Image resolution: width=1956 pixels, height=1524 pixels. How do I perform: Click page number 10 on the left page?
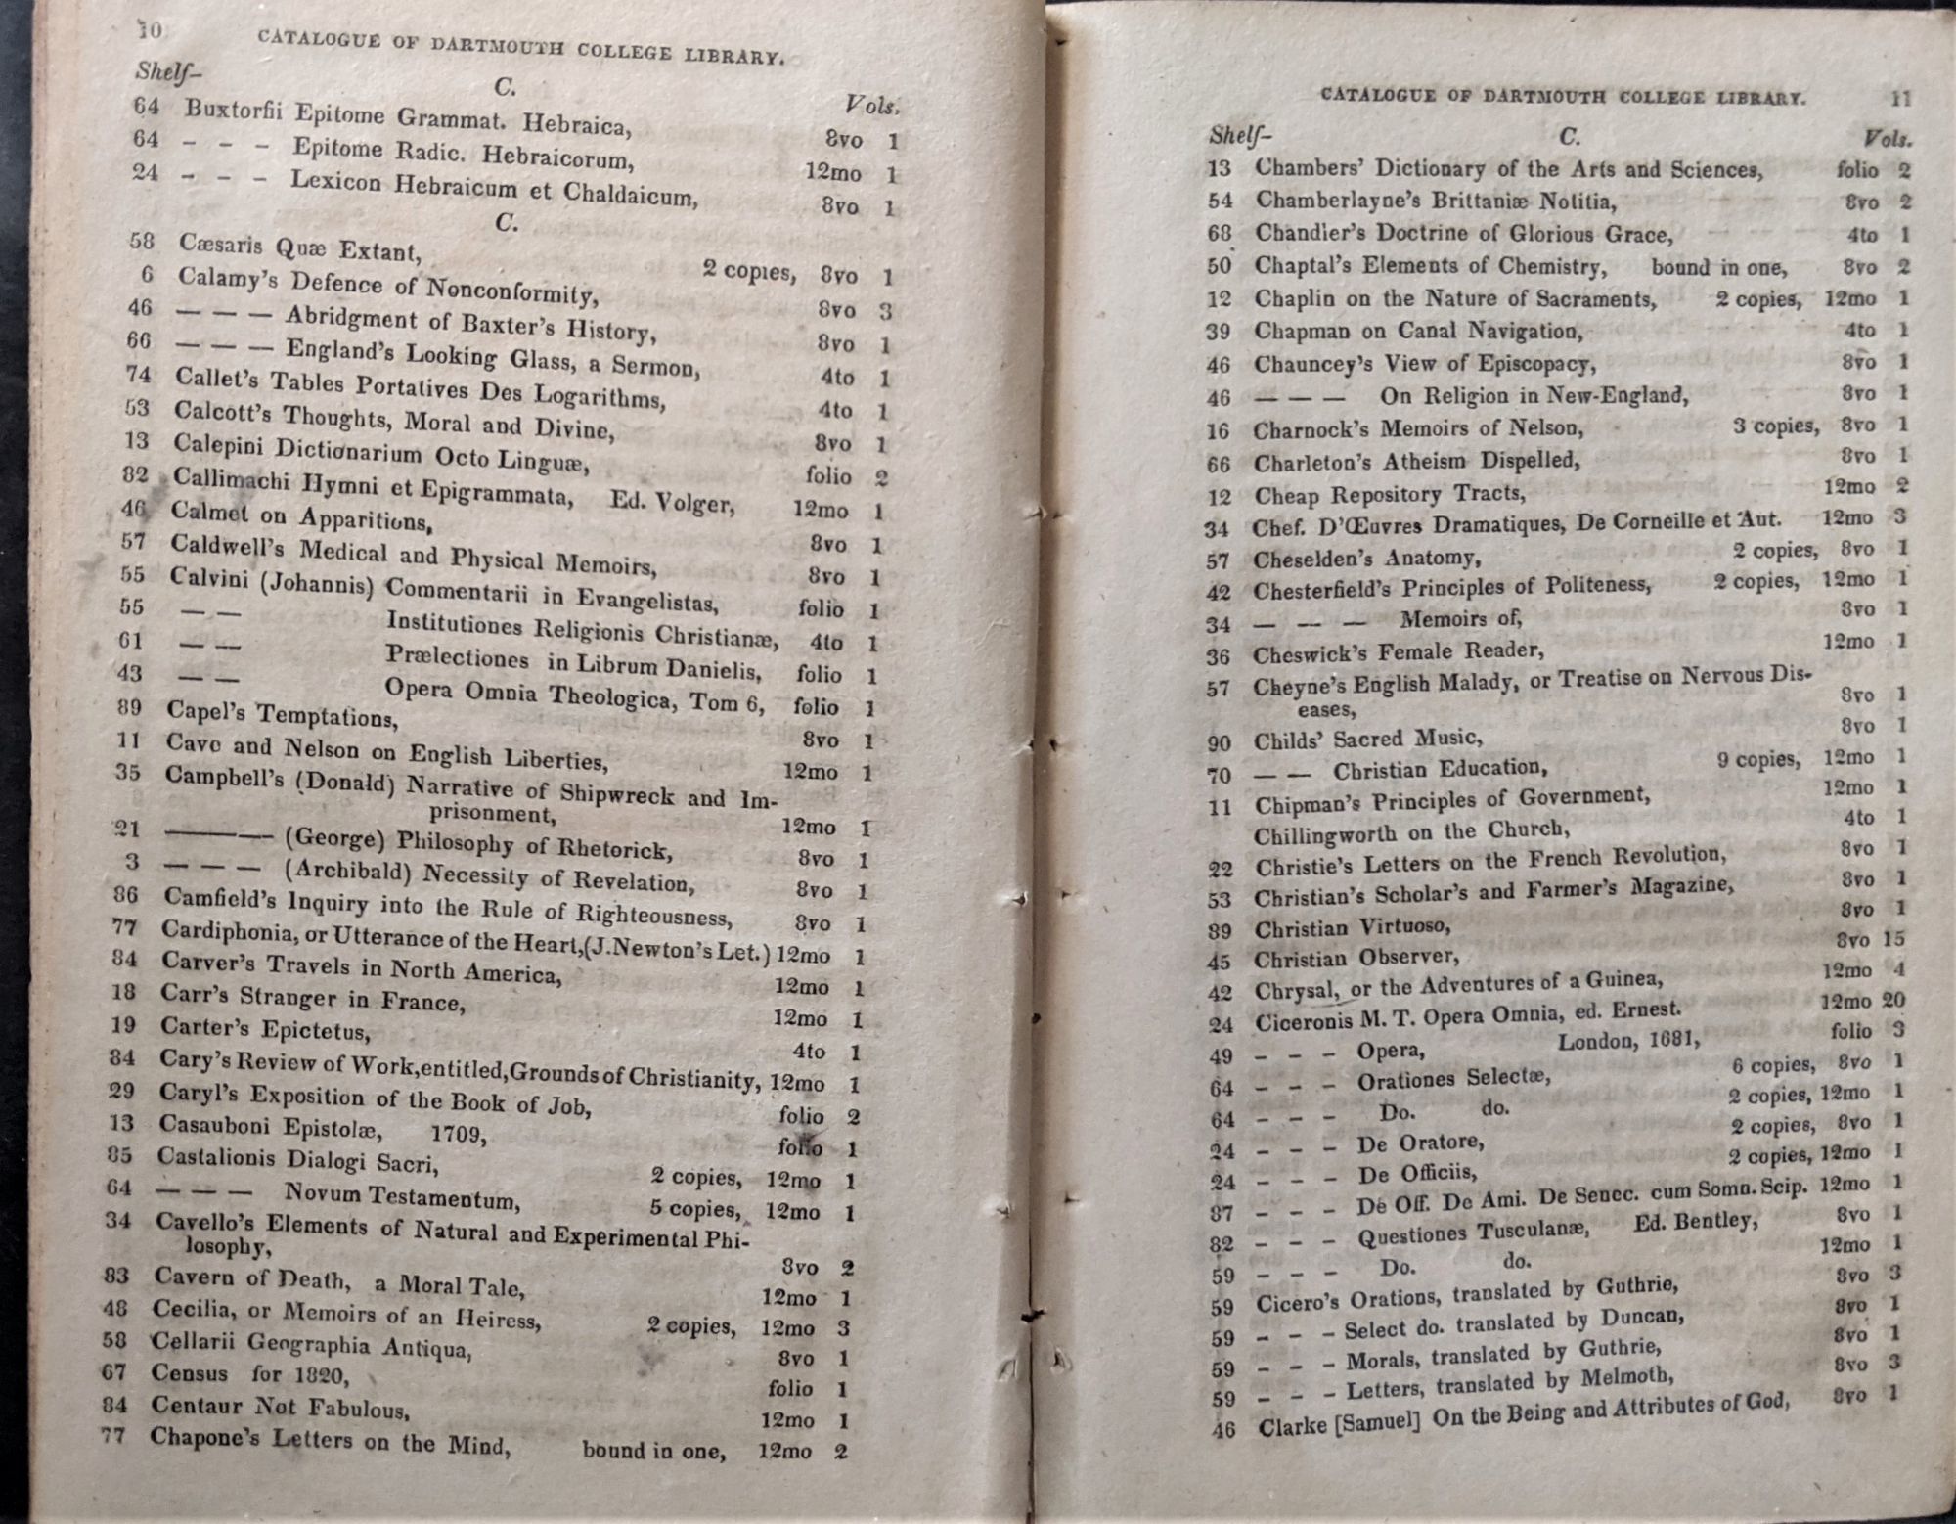149,30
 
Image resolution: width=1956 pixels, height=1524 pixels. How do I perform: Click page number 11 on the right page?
1900,98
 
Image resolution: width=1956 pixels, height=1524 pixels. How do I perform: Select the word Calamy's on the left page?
228,279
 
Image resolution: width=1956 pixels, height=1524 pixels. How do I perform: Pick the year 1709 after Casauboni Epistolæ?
457,1133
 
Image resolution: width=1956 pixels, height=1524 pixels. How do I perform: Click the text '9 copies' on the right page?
1757,759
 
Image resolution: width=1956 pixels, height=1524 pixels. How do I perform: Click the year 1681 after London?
1673,1039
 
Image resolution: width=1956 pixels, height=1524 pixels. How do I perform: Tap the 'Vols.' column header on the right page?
1887,139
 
